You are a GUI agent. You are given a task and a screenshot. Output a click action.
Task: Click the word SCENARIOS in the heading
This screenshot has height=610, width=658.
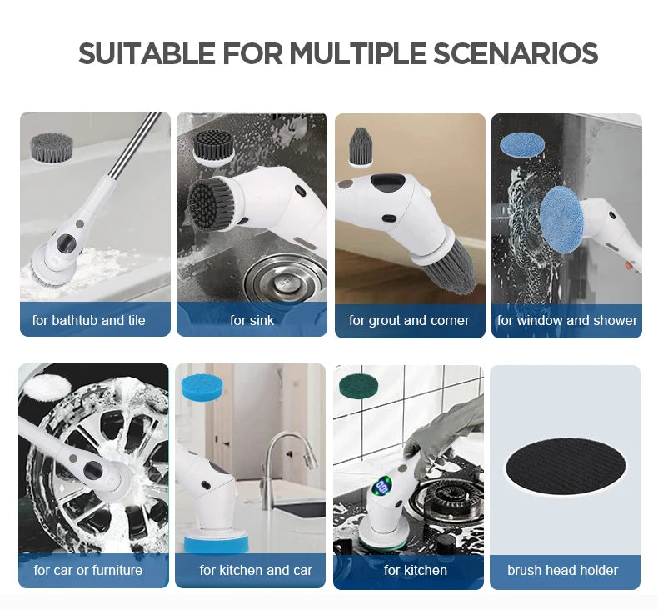516,53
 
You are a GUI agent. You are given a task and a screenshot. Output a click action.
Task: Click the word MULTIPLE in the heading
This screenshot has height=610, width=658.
358,53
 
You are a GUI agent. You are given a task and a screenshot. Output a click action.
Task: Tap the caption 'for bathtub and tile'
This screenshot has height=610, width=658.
89,320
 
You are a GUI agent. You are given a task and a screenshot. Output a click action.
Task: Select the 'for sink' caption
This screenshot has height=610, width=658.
252,320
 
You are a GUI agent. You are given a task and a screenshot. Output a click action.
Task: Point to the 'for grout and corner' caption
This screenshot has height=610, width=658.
409,320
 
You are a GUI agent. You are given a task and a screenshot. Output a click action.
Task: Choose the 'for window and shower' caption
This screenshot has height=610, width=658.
567,320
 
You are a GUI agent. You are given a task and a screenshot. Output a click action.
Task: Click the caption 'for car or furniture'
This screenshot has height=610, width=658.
88,570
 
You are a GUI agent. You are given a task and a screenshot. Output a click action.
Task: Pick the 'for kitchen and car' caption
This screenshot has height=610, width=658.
256,570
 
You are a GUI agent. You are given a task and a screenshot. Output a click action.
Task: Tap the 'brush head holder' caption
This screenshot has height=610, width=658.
563,570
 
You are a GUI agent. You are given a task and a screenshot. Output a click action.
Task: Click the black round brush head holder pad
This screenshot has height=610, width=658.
565,462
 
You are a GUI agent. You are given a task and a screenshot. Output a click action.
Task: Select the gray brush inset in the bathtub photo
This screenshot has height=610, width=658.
52,147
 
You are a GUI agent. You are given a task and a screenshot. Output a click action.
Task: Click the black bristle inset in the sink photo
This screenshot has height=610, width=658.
212,147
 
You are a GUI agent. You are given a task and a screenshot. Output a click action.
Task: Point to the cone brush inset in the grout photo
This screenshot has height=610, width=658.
360,147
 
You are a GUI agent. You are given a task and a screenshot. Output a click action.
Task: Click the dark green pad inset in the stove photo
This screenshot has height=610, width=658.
358,386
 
